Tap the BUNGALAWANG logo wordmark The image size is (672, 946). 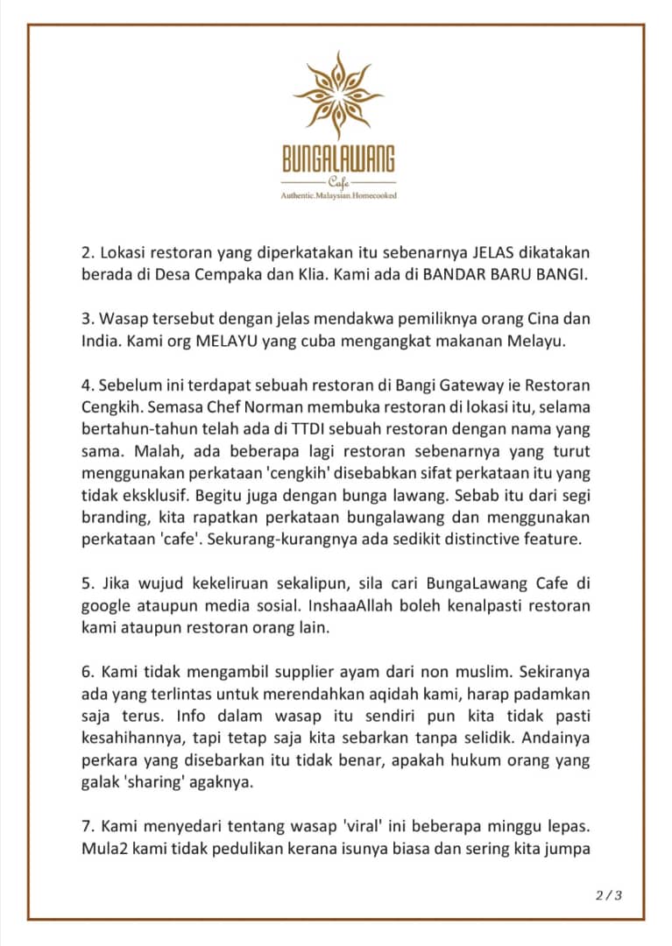tap(338, 159)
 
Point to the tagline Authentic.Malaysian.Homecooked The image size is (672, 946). tap(338, 195)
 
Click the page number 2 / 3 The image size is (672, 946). tap(608, 894)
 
